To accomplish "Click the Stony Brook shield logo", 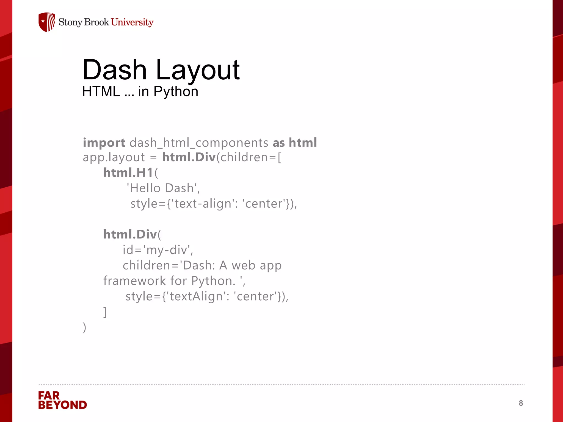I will tap(47, 22).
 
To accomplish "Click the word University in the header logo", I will tap(132, 22).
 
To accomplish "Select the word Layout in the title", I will tap(198, 70).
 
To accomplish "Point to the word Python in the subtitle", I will tap(176, 92).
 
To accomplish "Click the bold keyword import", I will tap(104, 143).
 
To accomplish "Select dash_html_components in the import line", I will tap(199, 143).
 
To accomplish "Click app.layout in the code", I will tap(114, 157).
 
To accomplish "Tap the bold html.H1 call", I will tap(128, 173).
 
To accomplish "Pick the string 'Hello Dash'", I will tap(163, 188).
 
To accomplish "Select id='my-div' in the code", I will tap(158, 250).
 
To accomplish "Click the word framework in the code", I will tap(134, 281).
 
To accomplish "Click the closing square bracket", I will tap(105, 312).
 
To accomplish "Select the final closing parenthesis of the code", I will tap(84, 327).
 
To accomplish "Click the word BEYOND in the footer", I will tap(63, 405).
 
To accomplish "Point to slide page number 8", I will tap(521, 403).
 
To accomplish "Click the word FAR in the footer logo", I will tap(49, 396).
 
